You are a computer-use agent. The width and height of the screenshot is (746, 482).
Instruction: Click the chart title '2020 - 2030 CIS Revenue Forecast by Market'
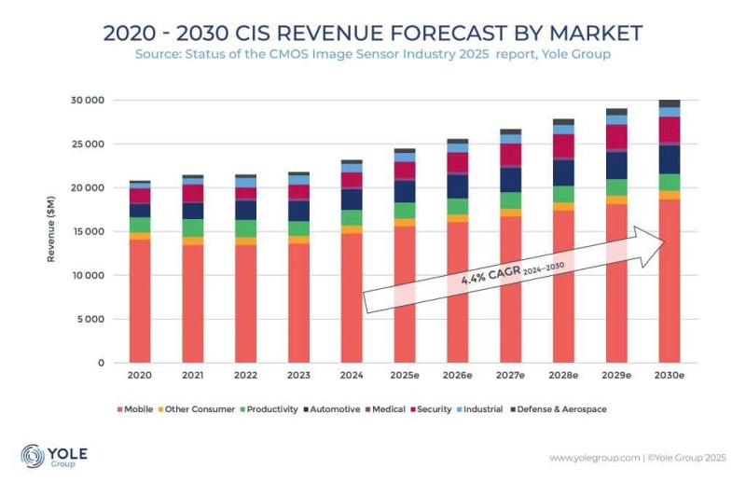(x=372, y=33)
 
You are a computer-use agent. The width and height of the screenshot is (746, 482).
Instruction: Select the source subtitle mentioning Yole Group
(x=372, y=55)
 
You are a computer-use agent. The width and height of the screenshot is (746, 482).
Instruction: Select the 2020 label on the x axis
(x=140, y=377)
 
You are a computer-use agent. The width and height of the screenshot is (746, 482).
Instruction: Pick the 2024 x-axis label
(x=352, y=377)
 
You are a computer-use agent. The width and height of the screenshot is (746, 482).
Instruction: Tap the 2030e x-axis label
(x=669, y=377)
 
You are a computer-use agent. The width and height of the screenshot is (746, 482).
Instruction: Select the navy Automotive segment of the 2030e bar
(x=669, y=159)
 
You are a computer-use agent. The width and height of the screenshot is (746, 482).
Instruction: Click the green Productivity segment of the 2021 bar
(x=193, y=227)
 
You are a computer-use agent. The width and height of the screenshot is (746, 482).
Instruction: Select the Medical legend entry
(x=384, y=409)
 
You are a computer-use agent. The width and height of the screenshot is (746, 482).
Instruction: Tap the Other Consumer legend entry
(x=199, y=409)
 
